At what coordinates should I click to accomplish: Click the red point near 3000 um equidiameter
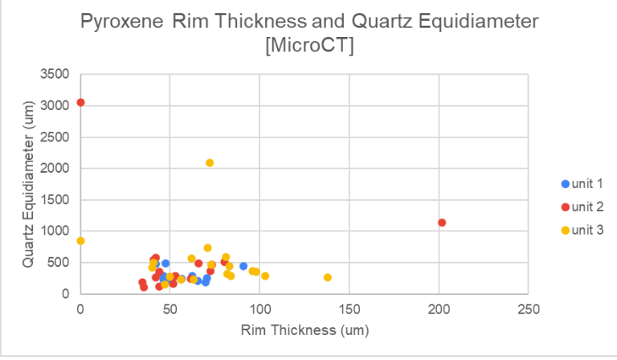point(80,102)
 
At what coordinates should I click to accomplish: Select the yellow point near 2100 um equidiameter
point(210,163)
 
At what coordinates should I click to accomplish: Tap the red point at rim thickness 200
point(441,223)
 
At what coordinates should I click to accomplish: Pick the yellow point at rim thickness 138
point(328,277)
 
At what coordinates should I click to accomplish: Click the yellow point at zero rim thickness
point(80,241)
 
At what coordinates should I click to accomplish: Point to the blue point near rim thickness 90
point(243,266)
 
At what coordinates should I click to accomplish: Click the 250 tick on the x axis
point(528,309)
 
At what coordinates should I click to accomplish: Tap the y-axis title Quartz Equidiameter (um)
point(27,184)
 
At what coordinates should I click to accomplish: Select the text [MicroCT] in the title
point(308,47)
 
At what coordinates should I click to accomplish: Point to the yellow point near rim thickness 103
point(265,276)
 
